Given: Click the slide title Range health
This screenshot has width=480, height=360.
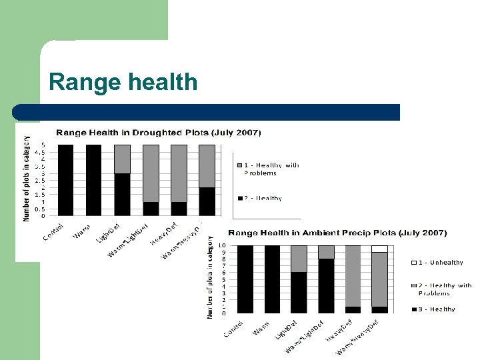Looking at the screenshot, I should click(x=123, y=82).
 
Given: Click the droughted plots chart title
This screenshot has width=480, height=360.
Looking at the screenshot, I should click(x=158, y=132).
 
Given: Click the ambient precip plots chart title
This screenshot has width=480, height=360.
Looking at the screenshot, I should click(x=337, y=233).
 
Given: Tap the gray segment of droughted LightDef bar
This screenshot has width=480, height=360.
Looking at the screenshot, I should click(x=123, y=159).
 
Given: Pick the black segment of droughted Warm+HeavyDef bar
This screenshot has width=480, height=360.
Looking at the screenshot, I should click(x=207, y=201).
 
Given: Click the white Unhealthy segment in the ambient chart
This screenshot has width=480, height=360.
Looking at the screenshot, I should click(x=380, y=249).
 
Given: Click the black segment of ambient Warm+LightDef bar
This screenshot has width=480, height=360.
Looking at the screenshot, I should click(x=326, y=285).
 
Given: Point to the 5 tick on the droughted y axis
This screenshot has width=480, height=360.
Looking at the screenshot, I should click(x=43, y=145).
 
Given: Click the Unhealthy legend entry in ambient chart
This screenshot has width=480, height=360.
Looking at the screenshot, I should click(x=438, y=263).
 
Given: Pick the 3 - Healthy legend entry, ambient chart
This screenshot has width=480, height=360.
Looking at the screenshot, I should click(x=433, y=309).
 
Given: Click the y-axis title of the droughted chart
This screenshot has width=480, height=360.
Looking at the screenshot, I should click(x=27, y=179).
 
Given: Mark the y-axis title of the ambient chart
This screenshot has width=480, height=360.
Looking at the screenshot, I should click(x=209, y=276).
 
